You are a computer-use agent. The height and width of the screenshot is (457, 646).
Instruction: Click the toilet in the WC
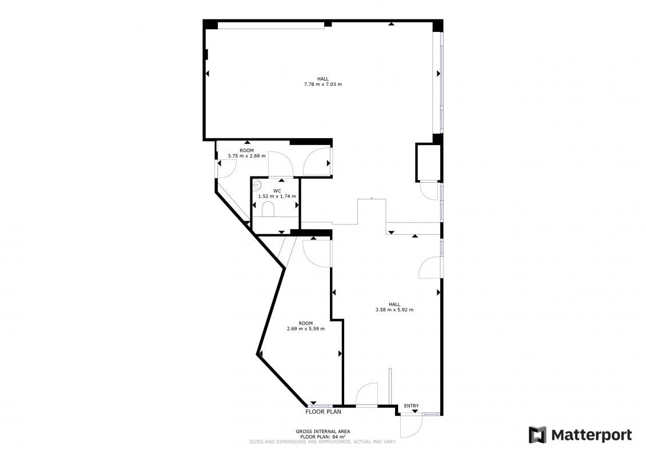coord(268,209)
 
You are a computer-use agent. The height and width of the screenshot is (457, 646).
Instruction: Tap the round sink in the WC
coord(257,185)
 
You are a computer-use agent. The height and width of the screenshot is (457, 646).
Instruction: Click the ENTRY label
coord(411,406)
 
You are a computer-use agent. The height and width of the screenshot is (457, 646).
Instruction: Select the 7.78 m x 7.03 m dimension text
coord(323,85)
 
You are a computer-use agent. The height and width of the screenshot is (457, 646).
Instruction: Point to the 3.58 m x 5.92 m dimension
coord(394,310)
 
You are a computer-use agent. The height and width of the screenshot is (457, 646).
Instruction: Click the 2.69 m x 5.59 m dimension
coord(306,328)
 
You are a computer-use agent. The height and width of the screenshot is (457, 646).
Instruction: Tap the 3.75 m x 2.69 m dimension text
coord(247,156)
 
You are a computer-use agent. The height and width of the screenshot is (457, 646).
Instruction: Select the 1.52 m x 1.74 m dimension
coord(277,197)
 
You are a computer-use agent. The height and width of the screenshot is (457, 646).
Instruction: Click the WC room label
coord(277,191)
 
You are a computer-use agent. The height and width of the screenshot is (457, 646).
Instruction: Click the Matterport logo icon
coord(537,435)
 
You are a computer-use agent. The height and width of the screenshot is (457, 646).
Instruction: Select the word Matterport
coord(592,435)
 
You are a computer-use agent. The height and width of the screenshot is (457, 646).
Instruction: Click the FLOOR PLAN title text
coord(323,412)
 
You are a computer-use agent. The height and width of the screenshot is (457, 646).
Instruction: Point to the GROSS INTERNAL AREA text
coord(323,431)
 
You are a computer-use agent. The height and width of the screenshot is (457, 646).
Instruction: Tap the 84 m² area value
coord(338,436)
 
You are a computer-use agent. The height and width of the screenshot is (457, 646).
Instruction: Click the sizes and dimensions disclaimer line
coord(323,442)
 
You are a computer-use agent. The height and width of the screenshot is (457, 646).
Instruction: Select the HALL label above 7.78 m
coord(323,79)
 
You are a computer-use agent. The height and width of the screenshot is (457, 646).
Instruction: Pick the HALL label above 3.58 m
coord(394,304)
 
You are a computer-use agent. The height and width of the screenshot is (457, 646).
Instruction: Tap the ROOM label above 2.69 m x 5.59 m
coord(306,323)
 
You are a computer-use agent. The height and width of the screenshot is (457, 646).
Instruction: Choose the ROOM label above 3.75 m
coord(247,151)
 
